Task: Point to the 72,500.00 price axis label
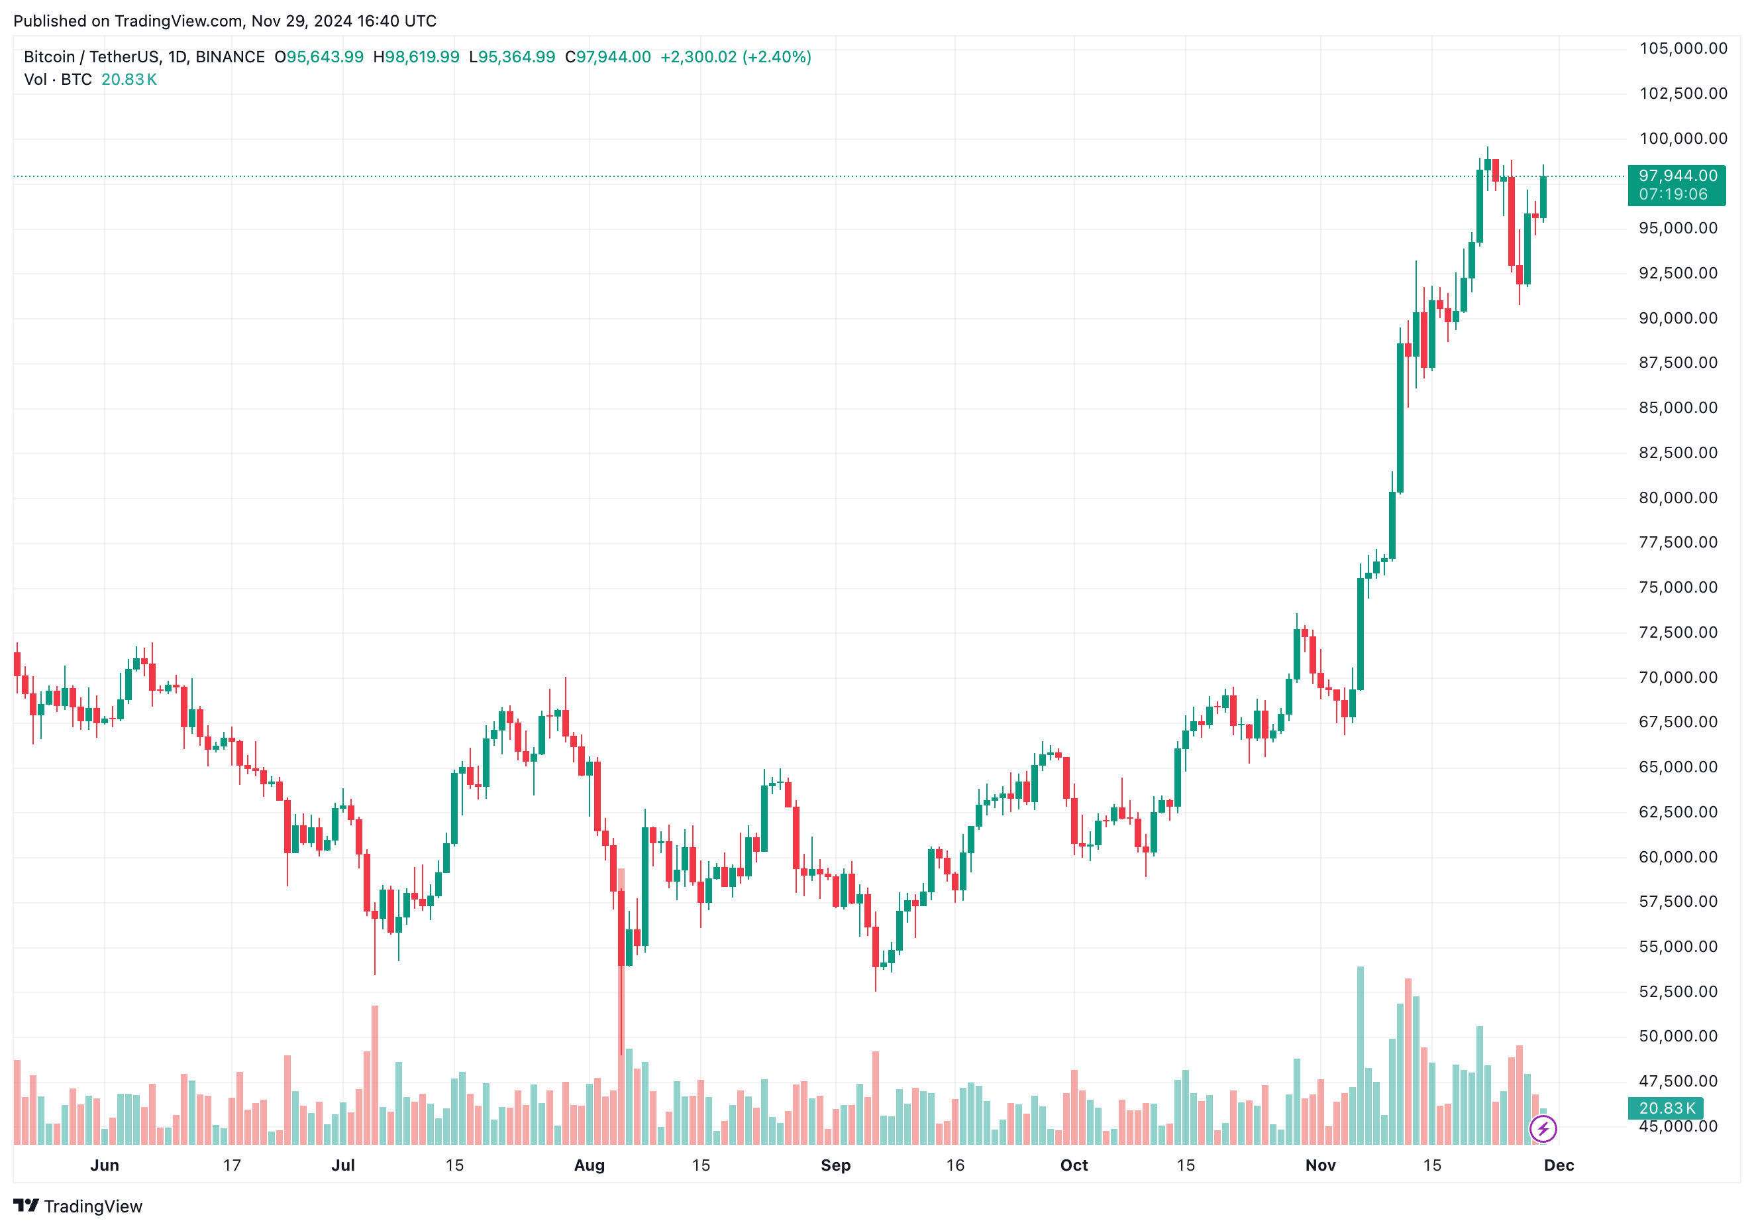tap(1678, 632)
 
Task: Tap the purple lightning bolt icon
tap(1543, 1128)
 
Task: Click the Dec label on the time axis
tap(1559, 1165)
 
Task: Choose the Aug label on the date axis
tap(589, 1165)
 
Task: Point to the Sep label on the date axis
tap(835, 1165)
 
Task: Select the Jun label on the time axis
tap(105, 1165)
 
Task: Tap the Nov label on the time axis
tap(1320, 1165)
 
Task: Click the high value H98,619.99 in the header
tap(417, 57)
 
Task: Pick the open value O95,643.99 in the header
tap(319, 57)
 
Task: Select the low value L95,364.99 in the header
tap(512, 57)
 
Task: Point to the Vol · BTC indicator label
tap(58, 80)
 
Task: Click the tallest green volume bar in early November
tap(1360, 1055)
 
